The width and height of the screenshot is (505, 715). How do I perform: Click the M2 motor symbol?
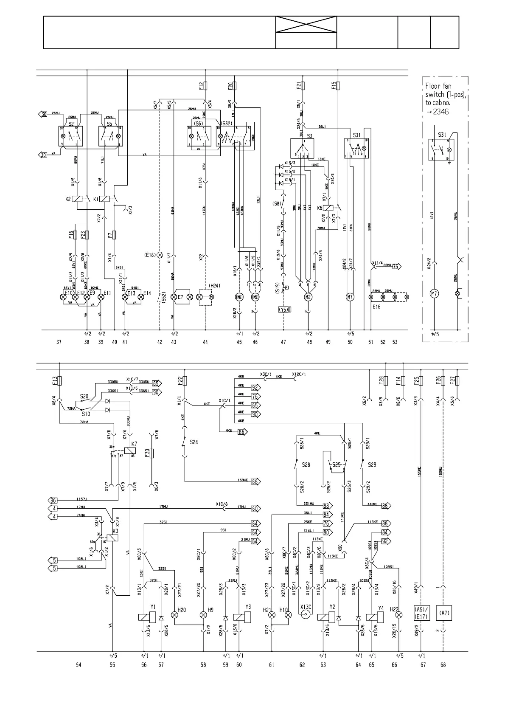point(309,297)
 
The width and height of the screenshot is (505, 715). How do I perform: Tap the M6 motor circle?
point(239,297)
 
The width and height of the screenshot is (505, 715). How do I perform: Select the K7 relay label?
point(134,444)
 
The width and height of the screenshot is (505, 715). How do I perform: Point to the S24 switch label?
point(194,442)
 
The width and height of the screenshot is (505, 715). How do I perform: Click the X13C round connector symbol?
point(305,615)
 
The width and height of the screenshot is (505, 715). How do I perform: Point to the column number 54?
point(79,665)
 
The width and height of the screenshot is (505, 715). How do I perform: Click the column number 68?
point(443,665)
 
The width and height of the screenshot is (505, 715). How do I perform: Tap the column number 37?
point(59,342)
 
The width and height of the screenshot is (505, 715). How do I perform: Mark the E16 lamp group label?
point(376,306)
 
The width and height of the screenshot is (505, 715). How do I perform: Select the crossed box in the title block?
point(306,24)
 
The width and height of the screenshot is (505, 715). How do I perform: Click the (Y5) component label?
point(283,310)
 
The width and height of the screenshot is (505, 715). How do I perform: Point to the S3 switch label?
point(310,136)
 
